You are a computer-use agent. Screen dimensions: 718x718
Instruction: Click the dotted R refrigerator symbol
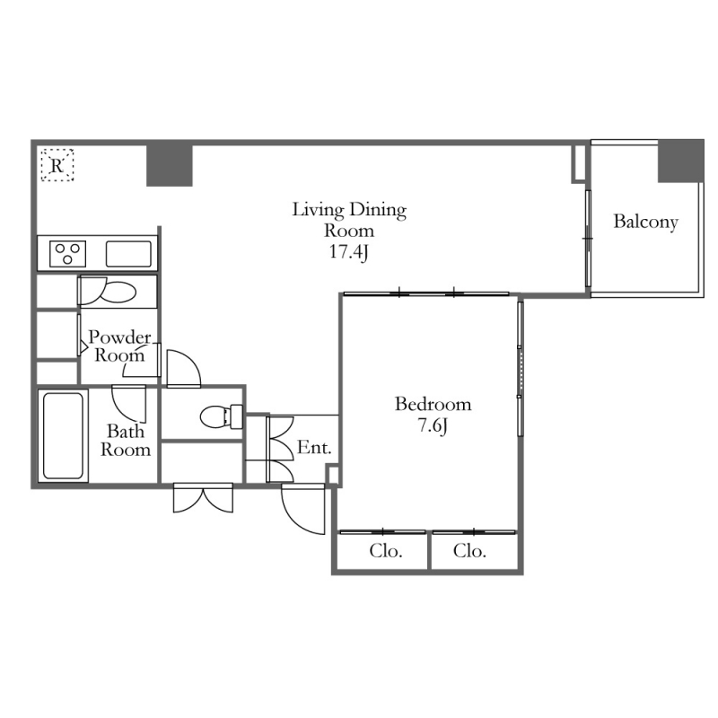click(57, 165)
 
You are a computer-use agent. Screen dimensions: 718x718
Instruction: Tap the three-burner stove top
click(68, 254)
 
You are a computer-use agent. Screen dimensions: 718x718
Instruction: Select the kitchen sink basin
click(128, 254)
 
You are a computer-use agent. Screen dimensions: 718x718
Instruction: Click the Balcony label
click(645, 222)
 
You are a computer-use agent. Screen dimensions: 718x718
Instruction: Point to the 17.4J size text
click(349, 252)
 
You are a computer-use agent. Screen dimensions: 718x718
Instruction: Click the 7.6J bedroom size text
click(432, 425)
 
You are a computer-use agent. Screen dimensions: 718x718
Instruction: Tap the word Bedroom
click(433, 404)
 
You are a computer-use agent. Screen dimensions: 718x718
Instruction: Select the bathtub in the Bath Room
click(63, 435)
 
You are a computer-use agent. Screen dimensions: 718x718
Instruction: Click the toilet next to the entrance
click(222, 416)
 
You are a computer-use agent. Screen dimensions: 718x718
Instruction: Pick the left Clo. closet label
click(386, 551)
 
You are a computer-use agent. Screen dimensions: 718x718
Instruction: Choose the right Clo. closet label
click(469, 551)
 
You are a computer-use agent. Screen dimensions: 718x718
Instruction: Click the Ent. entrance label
click(314, 447)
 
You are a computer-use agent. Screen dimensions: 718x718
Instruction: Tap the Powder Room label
click(119, 346)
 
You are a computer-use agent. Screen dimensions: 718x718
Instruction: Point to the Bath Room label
click(126, 440)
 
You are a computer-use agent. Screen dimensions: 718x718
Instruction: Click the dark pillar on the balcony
click(680, 162)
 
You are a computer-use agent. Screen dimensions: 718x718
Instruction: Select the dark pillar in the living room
click(170, 165)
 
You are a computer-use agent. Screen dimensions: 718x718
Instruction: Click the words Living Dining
click(349, 210)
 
